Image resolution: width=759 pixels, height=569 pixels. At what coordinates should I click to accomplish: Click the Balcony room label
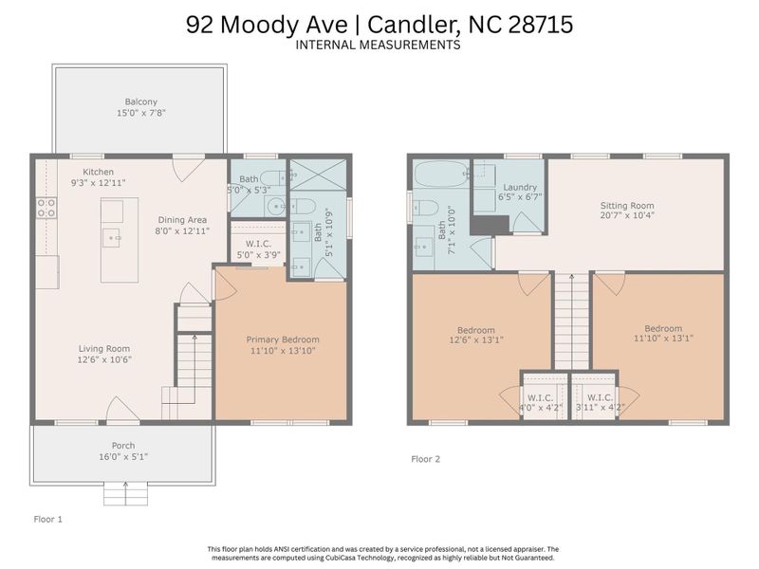140,101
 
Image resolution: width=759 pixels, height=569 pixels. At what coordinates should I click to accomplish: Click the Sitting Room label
627,205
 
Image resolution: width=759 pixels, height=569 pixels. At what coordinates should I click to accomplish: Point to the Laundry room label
520,188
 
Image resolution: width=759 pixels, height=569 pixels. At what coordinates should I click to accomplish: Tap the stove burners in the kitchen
45,208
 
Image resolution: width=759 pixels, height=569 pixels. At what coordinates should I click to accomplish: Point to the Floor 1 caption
47,519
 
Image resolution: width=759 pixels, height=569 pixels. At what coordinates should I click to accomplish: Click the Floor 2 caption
426,459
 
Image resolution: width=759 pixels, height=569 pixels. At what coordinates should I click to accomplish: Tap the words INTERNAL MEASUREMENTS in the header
379,45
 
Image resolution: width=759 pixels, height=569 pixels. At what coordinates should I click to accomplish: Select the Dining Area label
183,219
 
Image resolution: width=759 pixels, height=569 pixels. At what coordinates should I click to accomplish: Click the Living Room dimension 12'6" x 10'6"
103,360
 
